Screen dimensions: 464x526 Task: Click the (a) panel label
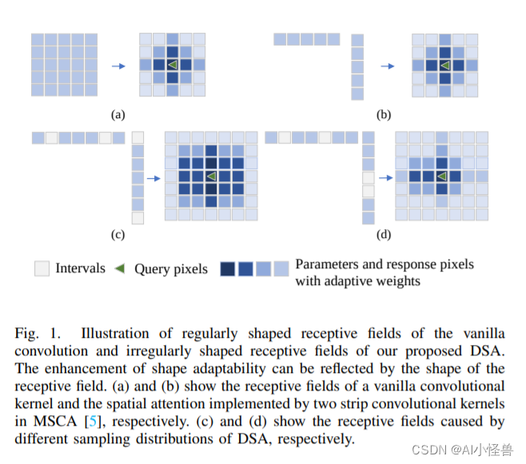click(118, 115)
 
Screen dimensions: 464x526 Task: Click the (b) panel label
click(385, 115)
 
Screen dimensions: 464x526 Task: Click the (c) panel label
click(118, 236)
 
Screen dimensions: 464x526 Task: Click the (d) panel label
click(385, 236)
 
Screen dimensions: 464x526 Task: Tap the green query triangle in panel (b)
click(445, 65)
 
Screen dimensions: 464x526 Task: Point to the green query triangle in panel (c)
click(211, 176)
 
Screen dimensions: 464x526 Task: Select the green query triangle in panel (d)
click(440, 176)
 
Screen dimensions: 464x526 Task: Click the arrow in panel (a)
click(118, 65)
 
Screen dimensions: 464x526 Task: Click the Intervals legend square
click(42, 269)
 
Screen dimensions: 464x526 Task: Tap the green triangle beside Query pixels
click(120, 269)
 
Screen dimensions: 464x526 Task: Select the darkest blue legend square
click(227, 269)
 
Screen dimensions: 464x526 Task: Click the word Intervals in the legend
click(80, 269)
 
